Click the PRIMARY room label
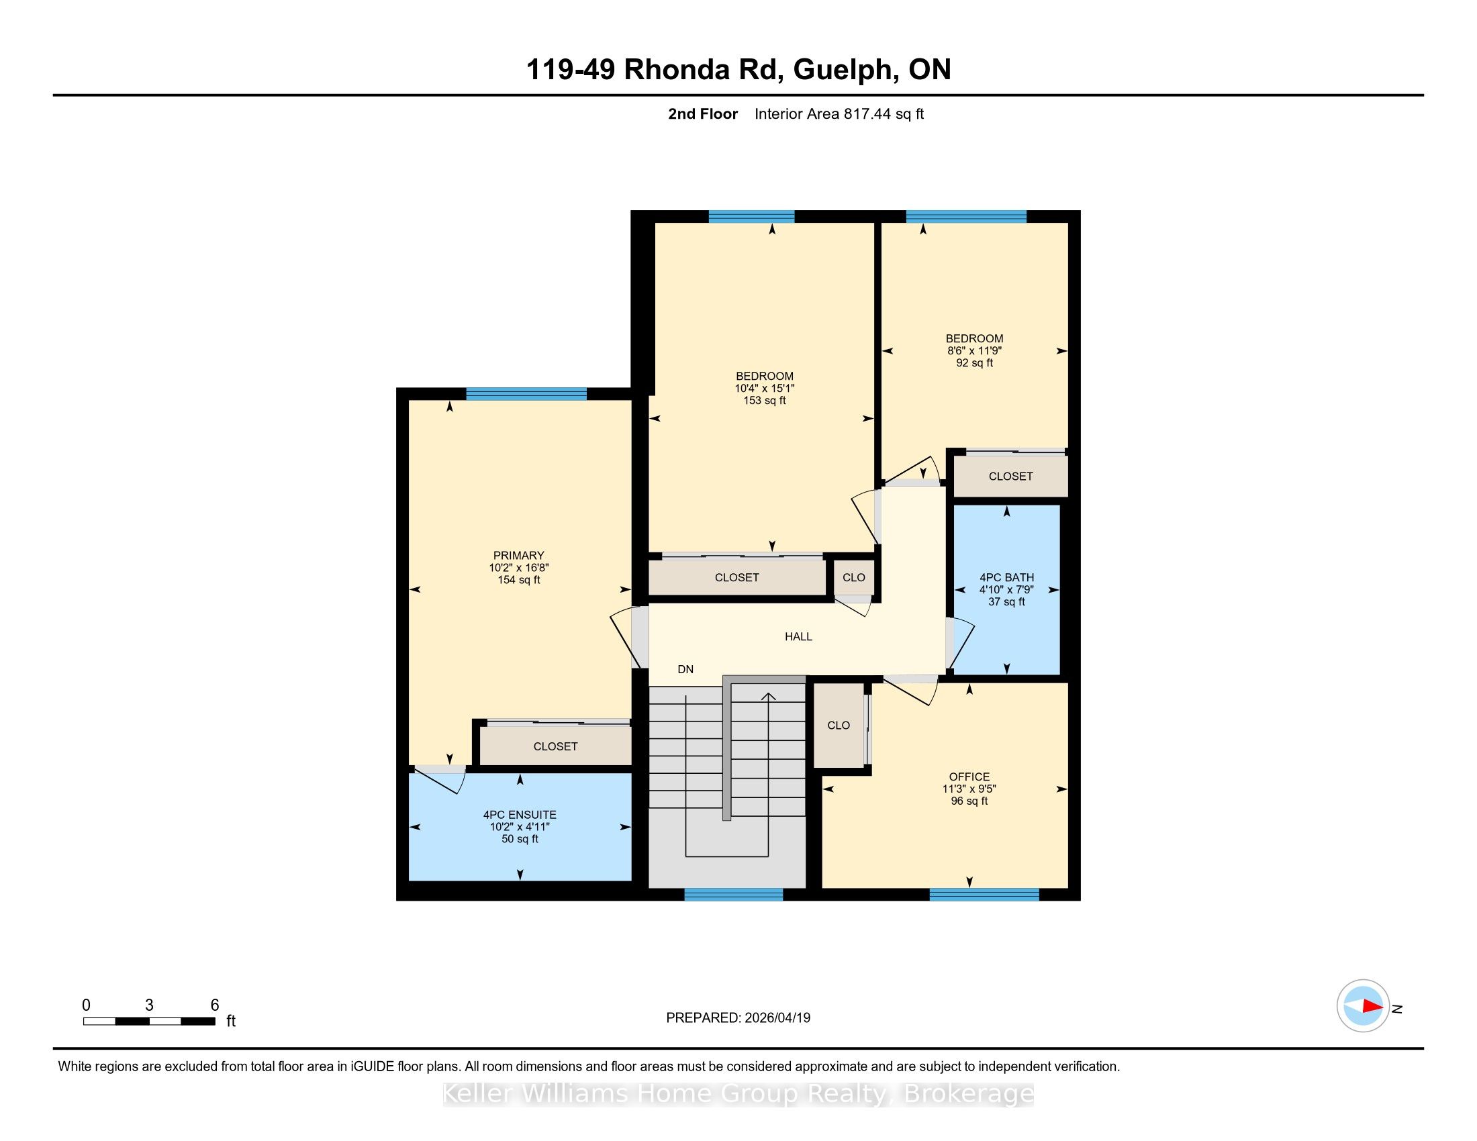[519, 555]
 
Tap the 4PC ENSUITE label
[520, 815]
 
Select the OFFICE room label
[969, 777]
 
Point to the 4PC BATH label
[1006, 577]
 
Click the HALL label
[798, 636]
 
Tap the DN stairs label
[685, 669]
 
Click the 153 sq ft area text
[765, 400]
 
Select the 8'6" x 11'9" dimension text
[975, 351]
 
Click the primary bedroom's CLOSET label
[555, 746]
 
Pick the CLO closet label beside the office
[839, 726]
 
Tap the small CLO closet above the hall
[853, 577]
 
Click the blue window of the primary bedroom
[526, 394]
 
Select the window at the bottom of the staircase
[733, 895]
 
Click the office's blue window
[984, 895]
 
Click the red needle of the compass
[1372, 1006]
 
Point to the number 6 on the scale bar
[214, 1005]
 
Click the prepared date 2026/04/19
[777, 1018]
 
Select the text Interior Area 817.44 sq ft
[839, 113]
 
